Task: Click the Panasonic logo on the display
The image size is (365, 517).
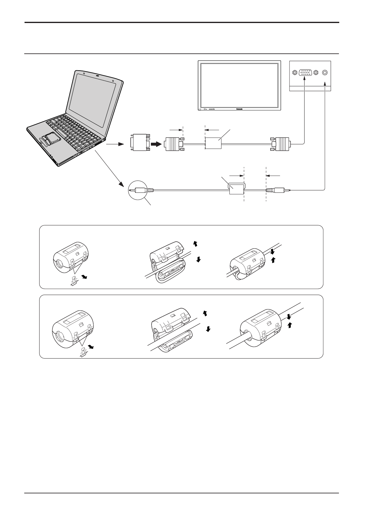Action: pyautogui.click(x=240, y=108)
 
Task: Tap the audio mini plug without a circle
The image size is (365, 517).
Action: pyautogui.click(x=278, y=190)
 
